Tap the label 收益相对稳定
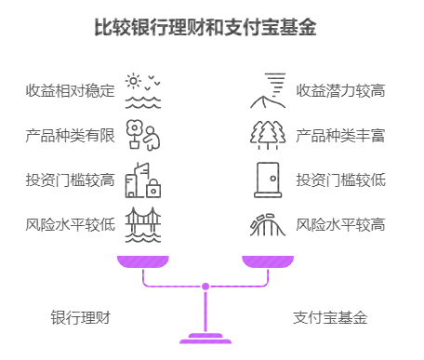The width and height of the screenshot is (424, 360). click(x=71, y=91)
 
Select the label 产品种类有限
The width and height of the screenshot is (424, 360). click(x=71, y=136)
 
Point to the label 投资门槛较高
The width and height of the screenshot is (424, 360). click(x=71, y=180)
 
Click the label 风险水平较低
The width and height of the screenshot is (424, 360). click(x=71, y=224)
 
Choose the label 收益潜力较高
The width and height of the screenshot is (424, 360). click(x=340, y=91)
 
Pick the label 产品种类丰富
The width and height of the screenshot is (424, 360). click(x=340, y=136)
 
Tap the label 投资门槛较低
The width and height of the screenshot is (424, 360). click(x=340, y=180)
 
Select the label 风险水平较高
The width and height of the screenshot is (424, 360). click(x=340, y=224)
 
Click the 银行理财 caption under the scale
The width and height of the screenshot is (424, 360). click(x=81, y=317)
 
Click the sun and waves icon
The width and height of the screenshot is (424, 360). click(x=143, y=91)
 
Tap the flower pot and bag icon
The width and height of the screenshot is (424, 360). click(x=143, y=136)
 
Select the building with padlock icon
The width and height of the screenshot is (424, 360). click(x=143, y=180)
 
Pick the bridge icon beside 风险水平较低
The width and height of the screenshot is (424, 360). click(x=143, y=224)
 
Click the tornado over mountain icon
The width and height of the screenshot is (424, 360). click(x=268, y=91)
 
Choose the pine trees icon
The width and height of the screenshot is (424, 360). click(x=268, y=136)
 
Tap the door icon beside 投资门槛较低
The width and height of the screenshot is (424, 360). click(x=268, y=180)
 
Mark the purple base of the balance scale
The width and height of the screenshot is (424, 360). click(x=205, y=338)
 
